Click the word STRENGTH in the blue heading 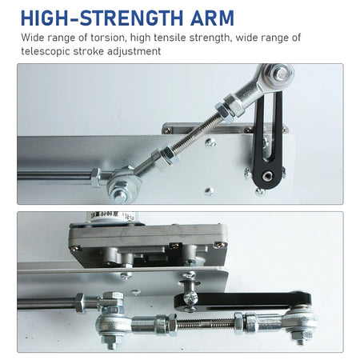(131, 18)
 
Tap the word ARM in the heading (212, 18)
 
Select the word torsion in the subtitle (108, 38)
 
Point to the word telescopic (46, 51)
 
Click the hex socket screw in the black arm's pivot (266, 176)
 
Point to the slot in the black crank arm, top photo (272, 126)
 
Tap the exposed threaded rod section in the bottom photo (206, 323)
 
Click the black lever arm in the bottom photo (242, 300)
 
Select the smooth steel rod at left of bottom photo (46, 303)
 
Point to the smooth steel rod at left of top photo (54, 176)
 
